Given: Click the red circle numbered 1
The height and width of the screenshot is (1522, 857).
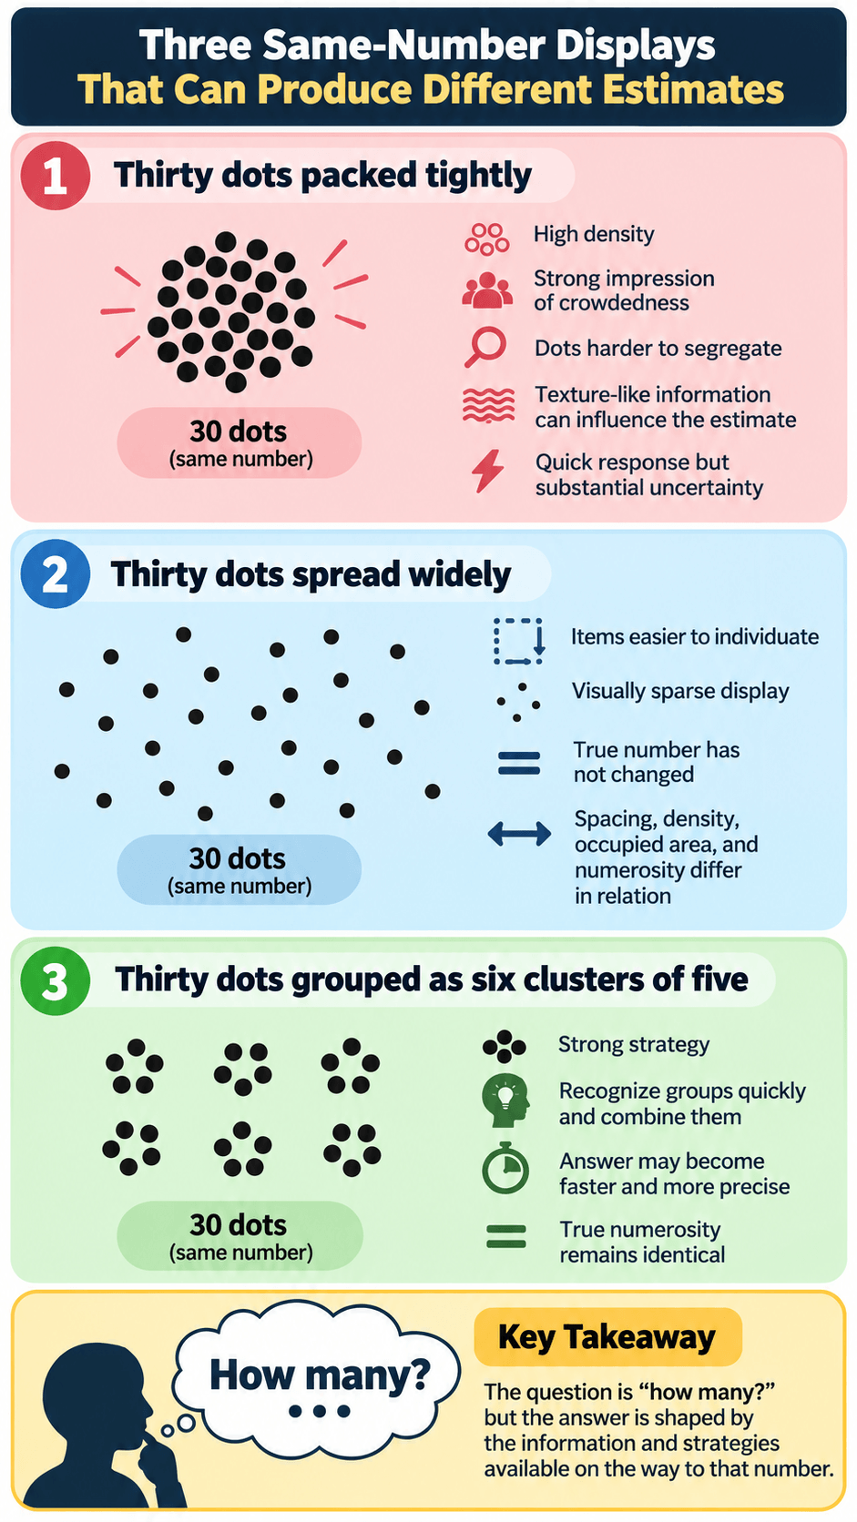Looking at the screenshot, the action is pos(55,176).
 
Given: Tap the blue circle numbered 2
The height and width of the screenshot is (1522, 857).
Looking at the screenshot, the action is pos(55,573).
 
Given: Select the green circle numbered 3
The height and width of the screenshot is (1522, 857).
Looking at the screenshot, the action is pos(55,980).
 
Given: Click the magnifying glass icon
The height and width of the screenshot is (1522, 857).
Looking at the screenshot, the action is pos(486,347).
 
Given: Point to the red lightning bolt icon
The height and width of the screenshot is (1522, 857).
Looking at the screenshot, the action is pos(488,471).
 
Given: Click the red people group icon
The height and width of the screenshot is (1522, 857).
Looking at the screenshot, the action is pos(486,290).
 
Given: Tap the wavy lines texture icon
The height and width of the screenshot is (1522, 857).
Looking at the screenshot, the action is pos(488,405).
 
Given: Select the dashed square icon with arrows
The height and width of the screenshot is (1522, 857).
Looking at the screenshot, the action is pos(518,641).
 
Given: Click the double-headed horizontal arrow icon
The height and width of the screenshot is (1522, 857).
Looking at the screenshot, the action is pos(519,833).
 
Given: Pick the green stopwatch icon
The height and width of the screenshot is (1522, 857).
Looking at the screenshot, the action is pos(505,1168).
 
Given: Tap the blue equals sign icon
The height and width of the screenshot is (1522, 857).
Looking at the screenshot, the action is pos(518,763).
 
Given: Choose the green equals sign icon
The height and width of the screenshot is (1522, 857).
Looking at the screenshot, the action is pos(506,1236).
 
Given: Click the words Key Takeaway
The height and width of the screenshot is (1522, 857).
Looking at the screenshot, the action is pos(607,1337).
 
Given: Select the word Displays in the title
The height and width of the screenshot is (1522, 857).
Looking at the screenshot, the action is pos(635,46).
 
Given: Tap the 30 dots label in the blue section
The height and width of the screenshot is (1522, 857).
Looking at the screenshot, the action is pos(237,858).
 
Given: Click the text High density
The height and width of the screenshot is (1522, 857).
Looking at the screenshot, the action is pos(593,235).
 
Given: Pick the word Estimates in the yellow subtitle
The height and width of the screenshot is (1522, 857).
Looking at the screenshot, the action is pos(693,89).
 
